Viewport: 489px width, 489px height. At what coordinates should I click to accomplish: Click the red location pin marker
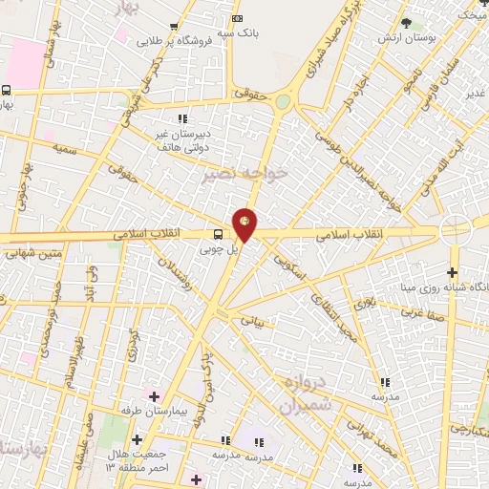tap(245, 223)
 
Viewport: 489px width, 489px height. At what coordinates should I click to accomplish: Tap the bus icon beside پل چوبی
tap(219, 234)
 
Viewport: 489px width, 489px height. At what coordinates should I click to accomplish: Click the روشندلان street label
tap(179, 276)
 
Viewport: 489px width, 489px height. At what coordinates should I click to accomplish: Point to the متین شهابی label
tap(31, 254)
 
